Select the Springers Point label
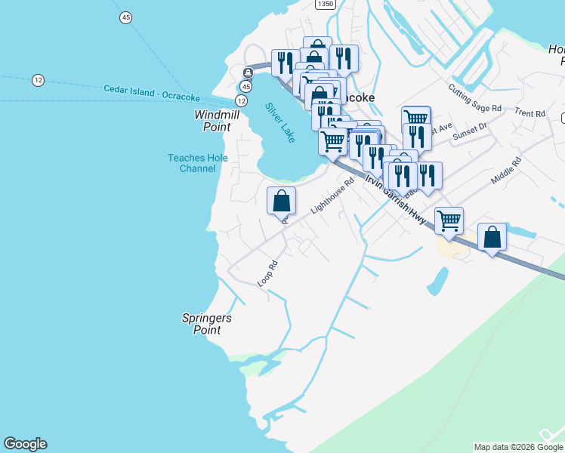coord(207,324)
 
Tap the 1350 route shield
coord(325,4)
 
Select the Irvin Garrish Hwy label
coord(396,201)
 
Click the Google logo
coord(25,444)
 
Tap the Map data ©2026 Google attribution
coord(519,447)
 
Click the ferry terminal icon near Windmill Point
coord(248,72)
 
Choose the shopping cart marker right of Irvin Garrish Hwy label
coord(449,220)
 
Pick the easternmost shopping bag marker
coord(492,237)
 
